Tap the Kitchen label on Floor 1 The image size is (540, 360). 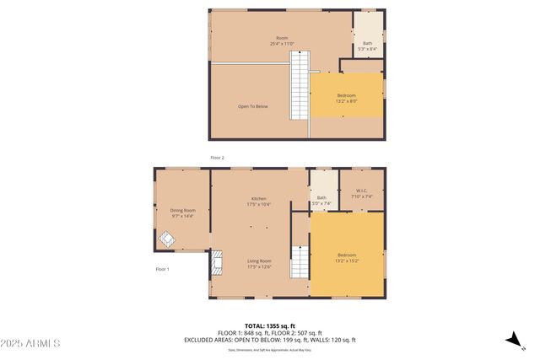point(258,201)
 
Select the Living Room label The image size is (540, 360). point(258,264)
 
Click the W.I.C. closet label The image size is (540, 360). point(361,193)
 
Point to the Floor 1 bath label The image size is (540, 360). point(321,200)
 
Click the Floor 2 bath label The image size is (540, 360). point(367,46)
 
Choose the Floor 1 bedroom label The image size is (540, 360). point(347,257)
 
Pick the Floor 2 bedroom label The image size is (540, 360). point(347,98)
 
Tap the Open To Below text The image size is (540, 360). point(252,106)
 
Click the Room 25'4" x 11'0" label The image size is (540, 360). point(282,40)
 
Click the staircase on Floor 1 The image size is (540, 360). point(300,262)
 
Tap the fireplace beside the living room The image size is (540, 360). point(217,264)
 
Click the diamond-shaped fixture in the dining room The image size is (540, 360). point(167,239)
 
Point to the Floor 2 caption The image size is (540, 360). point(217,158)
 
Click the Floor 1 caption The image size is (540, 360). point(162,269)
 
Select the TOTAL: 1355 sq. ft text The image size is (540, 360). point(269,325)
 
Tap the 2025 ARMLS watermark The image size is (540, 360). point(30,343)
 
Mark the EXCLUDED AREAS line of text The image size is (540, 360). point(269,340)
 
